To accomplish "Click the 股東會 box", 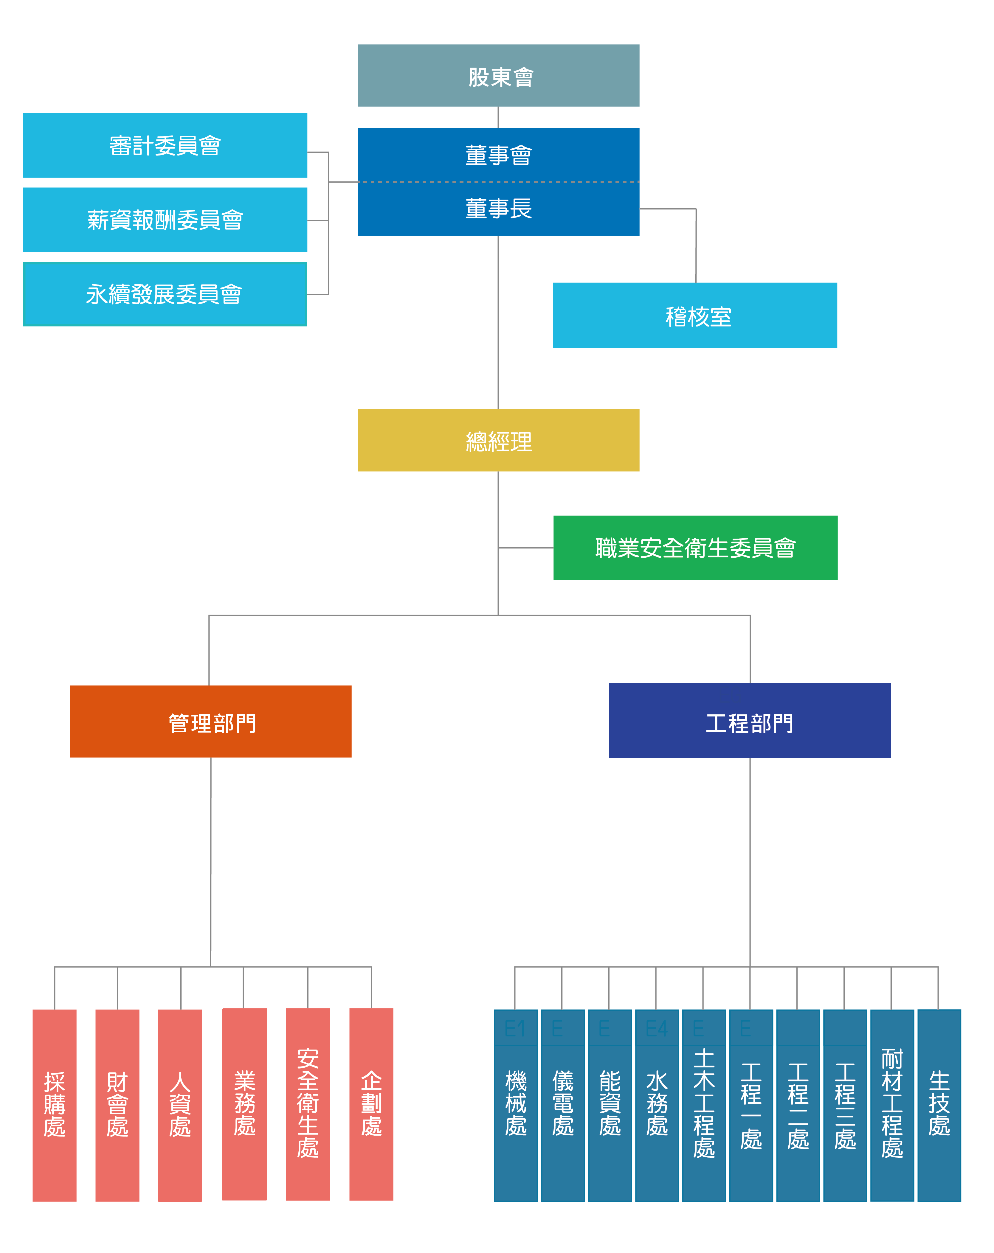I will point(498,76).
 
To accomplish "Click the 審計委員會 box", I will point(165,145).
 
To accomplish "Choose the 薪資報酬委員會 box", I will point(165,220).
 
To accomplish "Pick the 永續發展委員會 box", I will point(165,294).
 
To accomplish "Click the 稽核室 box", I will point(695,315).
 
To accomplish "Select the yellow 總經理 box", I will point(498,441).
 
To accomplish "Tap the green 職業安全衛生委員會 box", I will point(695,548).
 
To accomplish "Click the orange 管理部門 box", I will point(210,721).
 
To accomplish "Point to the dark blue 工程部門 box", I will point(749,721).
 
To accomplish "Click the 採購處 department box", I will point(55,1104).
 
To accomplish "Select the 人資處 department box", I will point(180,1104).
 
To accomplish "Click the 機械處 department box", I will point(516,1104).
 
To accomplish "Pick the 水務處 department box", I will point(657,1104).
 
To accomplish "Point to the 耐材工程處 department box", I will point(892,1104).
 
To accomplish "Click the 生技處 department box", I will point(939,1104).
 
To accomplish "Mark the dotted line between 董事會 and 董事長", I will point(498,182).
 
